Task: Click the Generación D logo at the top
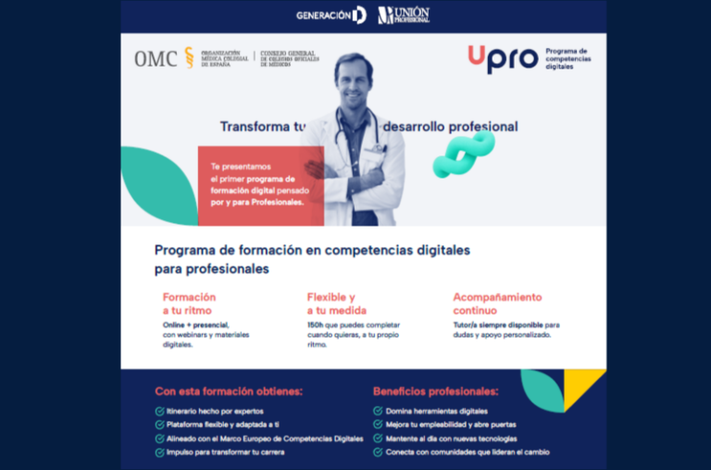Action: pos(331,15)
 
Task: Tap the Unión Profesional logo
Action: pos(404,15)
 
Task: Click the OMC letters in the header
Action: pos(156,58)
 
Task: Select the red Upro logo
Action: pos(503,58)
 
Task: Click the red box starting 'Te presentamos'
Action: pos(260,185)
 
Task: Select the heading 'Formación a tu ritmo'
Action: pos(189,303)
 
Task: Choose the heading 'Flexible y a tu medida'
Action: pos(332,303)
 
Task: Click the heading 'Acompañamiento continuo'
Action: pos(497,303)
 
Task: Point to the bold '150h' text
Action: pos(315,326)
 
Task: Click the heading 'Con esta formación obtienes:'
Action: pos(229,391)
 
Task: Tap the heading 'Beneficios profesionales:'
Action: pos(436,391)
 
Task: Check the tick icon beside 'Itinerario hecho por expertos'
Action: pos(160,411)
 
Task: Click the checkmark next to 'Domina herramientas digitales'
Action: pos(378,411)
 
